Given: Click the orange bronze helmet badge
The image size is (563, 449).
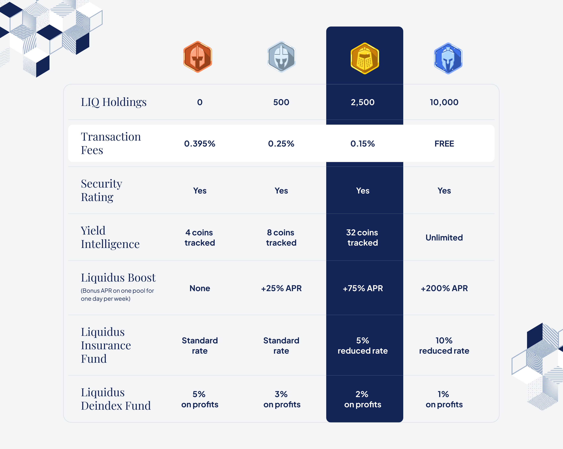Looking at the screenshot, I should [x=198, y=57].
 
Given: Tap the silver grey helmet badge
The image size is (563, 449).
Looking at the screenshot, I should [x=281, y=57].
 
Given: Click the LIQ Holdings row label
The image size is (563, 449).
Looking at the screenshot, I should [x=114, y=102].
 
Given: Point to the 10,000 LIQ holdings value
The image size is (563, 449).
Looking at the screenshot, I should [x=444, y=102].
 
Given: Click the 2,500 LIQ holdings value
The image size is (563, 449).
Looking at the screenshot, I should [x=362, y=102].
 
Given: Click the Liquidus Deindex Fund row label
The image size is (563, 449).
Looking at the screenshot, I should [x=116, y=399].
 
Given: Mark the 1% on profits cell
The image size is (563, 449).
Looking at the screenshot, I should [x=444, y=399].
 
